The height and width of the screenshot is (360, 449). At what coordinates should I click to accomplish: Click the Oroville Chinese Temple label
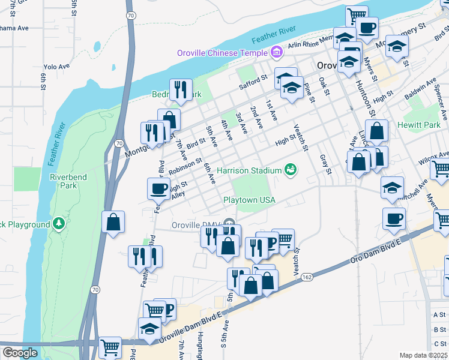[x=222, y=53]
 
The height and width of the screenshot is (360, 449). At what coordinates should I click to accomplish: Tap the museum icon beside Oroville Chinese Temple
[x=276, y=53]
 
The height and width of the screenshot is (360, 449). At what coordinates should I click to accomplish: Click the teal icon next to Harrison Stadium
[x=291, y=170]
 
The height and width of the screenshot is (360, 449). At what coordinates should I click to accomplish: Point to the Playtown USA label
[x=249, y=199]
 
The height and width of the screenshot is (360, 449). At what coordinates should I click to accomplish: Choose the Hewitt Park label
[x=418, y=125]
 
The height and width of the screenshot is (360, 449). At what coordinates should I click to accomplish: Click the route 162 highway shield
[x=306, y=277]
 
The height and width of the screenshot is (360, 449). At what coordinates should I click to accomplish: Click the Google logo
[x=19, y=353]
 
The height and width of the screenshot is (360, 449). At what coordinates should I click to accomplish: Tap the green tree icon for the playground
[x=58, y=224]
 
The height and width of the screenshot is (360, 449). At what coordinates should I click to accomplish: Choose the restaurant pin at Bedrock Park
[x=181, y=89]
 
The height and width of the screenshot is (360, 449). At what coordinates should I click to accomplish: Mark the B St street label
[x=439, y=329]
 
